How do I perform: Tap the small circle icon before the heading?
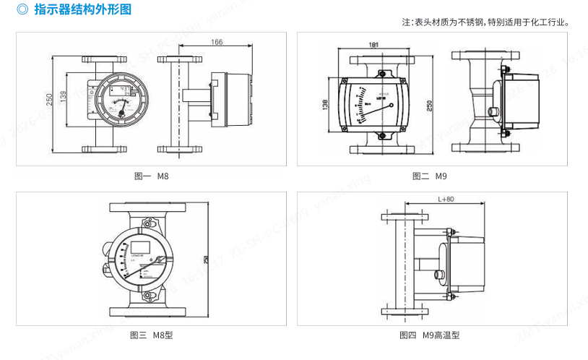22,10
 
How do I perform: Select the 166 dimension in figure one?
217,43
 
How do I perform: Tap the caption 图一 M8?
152,176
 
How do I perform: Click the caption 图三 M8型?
151,335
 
